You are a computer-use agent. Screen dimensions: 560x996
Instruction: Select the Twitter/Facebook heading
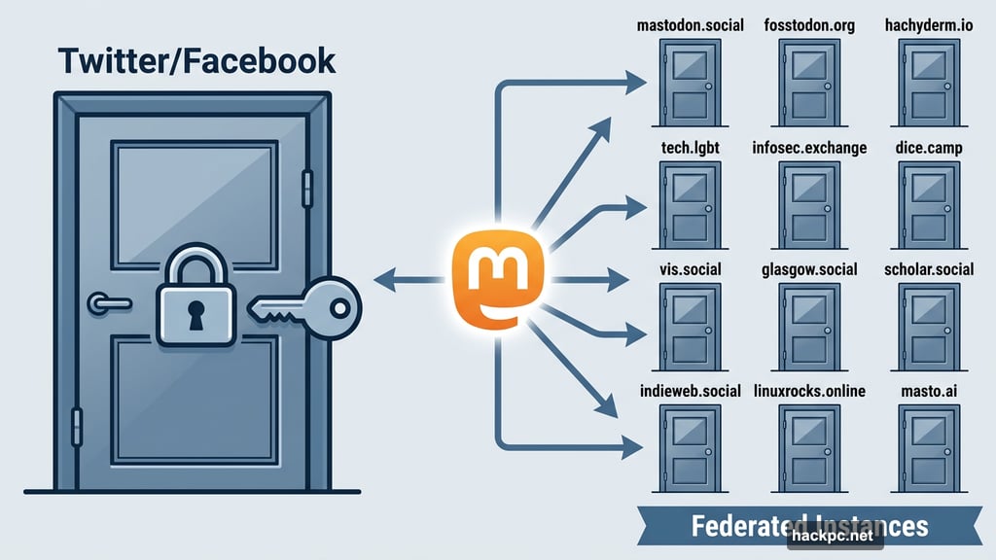point(196,60)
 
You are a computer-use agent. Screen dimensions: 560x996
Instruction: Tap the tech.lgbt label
point(690,148)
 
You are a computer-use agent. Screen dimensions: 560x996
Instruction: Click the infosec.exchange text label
point(809,148)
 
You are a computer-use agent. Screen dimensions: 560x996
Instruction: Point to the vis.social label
point(690,268)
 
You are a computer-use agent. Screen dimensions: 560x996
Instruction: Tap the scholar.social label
point(928,268)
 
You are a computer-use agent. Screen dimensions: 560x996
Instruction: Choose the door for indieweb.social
point(689,446)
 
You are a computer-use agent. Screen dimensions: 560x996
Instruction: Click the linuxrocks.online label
point(809,391)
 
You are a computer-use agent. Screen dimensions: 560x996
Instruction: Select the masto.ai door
point(928,446)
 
